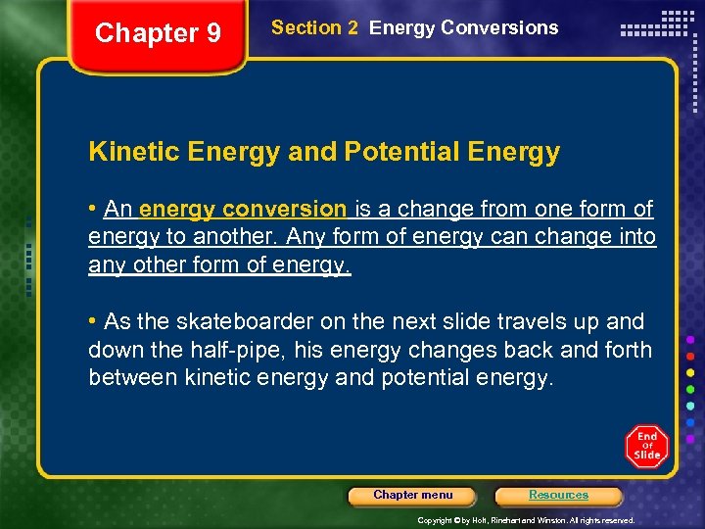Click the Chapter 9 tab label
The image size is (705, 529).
pos(158,33)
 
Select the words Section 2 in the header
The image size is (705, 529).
pos(314,28)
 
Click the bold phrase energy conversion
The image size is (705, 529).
pos(243,209)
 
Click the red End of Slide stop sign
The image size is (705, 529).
pos(646,447)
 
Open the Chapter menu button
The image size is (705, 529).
pos(412,495)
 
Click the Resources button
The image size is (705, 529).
pos(558,495)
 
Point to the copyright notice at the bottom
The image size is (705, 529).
pos(526,520)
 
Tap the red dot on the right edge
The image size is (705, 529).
pos(691,356)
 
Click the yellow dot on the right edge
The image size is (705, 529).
pos(691,372)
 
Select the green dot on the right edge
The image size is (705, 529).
pos(691,389)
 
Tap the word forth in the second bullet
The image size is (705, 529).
pos(626,350)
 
